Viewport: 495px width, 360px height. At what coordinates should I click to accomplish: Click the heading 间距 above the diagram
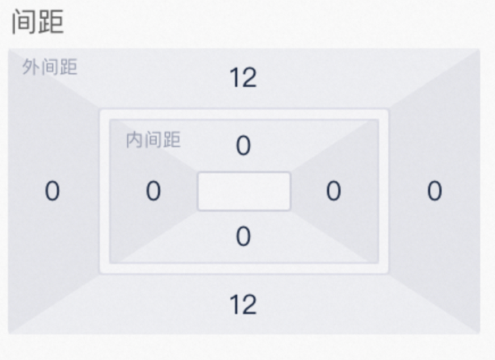click(x=38, y=22)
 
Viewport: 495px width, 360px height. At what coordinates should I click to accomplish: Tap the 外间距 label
click(x=49, y=67)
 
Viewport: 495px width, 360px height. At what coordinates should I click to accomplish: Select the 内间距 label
click(x=153, y=140)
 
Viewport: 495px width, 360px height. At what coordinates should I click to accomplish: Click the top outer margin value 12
click(x=243, y=78)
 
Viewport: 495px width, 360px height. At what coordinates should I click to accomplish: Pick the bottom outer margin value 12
click(x=243, y=304)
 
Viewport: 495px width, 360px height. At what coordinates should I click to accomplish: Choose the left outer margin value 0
click(x=52, y=191)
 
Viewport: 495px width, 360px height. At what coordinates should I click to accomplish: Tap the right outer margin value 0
click(x=434, y=191)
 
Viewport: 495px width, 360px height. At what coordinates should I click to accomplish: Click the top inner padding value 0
click(x=244, y=145)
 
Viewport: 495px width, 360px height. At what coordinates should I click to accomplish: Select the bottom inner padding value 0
click(x=244, y=236)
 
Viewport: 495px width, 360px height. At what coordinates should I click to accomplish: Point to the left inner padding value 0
click(x=153, y=191)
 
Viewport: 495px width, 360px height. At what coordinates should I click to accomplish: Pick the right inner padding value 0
click(x=333, y=191)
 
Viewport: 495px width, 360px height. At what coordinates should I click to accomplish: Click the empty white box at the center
click(x=244, y=191)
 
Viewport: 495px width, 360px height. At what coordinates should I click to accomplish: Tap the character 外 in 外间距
click(x=31, y=67)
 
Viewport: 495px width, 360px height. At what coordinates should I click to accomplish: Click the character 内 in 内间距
click(x=135, y=140)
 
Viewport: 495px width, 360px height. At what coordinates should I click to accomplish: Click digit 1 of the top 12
click(x=235, y=78)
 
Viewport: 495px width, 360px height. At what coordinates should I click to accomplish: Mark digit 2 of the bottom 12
click(x=250, y=304)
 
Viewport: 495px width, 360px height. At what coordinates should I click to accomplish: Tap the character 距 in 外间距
click(x=69, y=67)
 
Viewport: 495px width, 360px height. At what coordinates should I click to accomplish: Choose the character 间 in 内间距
click(x=153, y=140)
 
